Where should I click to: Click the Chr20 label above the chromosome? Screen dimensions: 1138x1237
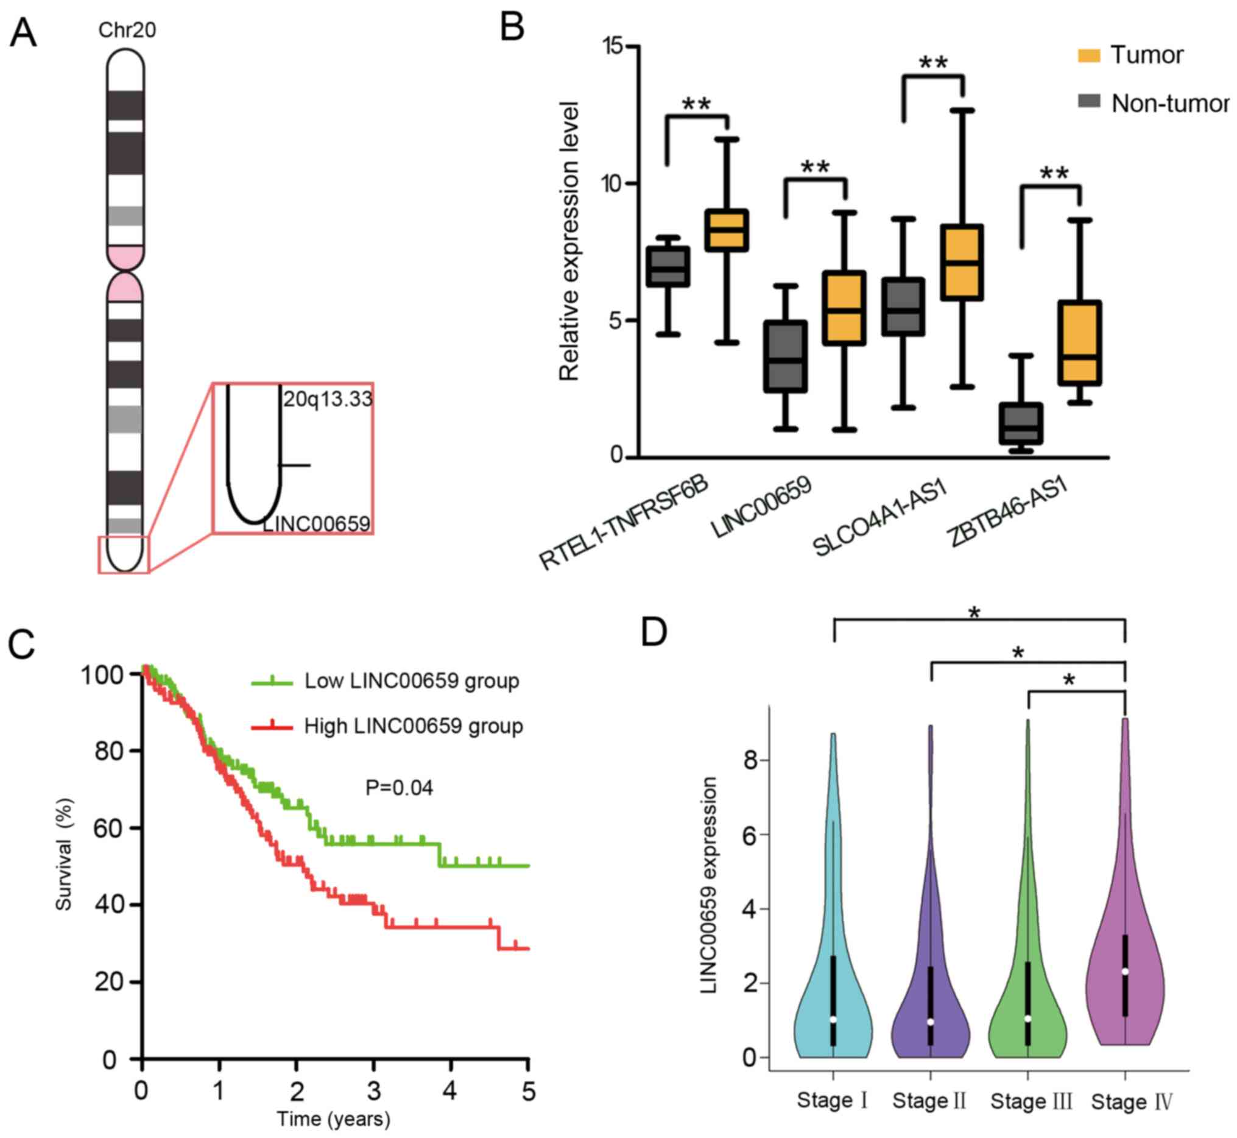pyautogui.click(x=127, y=30)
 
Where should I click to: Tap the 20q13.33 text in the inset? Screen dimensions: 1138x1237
pyautogui.click(x=328, y=399)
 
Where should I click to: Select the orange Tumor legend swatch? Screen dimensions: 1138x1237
pyautogui.click(x=1088, y=55)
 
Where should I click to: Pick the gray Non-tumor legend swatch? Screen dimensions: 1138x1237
pyautogui.click(x=1088, y=101)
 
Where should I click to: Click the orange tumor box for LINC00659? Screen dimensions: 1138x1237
pyautogui.click(x=844, y=308)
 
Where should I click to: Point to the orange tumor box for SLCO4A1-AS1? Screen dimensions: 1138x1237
pyautogui.click(x=961, y=263)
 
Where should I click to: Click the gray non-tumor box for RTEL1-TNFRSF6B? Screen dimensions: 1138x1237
pyautogui.click(x=668, y=267)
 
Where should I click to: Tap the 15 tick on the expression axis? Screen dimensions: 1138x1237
pyautogui.click(x=613, y=47)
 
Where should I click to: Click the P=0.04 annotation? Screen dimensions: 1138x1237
pyautogui.click(x=399, y=788)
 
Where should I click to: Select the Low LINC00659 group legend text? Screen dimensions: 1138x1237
pyautogui.click(x=412, y=681)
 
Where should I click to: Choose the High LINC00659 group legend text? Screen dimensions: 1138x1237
pyautogui.click(x=413, y=726)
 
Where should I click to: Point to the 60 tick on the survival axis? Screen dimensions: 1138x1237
pyautogui.click(x=108, y=829)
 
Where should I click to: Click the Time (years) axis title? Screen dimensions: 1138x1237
pyautogui.click(x=333, y=1119)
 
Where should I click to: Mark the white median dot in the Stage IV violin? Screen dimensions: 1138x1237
pyautogui.click(x=1125, y=971)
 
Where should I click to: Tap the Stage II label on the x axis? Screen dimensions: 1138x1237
pyautogui.click(x=929, y=1100)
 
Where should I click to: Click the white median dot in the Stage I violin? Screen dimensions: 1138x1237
pyautogui.click(x=833, y=1019)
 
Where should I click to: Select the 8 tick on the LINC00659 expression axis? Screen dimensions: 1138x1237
pyautogui.click(x=750, y=760)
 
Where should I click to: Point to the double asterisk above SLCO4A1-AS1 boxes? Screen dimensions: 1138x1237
pyautogui.click(x=933, y=63)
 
